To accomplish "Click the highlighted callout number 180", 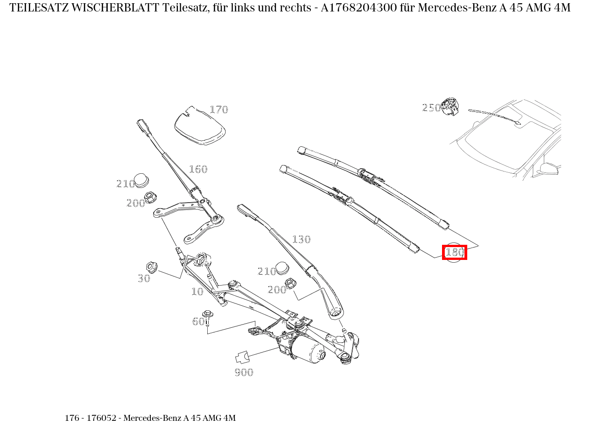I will [454, 252].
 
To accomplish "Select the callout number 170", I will [219, 110].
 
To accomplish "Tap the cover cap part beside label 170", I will [199, 126].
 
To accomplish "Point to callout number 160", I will [198, 169].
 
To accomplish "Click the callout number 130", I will [301, 239].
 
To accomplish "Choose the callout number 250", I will [431, 108].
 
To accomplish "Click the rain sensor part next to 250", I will [450, 107].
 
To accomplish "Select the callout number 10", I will [197, 292].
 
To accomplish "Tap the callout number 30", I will [144, 278].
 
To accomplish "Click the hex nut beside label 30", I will [151, 266].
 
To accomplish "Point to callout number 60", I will [198, 321].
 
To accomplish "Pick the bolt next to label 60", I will [209, 316].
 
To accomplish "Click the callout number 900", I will [244, 372].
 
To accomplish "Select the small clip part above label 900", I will [242, 356].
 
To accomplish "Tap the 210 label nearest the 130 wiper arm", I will [267, 271].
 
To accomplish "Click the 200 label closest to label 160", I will [136, 203].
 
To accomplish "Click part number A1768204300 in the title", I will [359, 8].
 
